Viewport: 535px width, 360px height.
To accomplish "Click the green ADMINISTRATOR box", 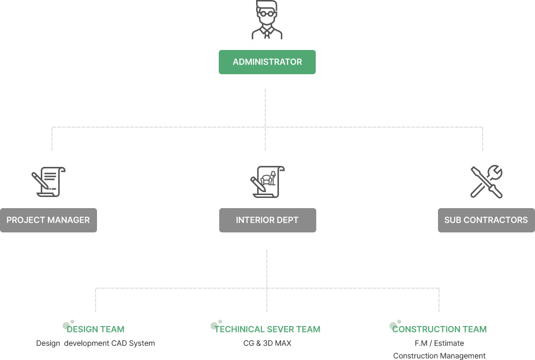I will (x=267, y=62).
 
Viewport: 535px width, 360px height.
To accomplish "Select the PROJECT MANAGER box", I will (x=49, y=220).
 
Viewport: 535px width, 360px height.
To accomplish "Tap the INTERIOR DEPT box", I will (x=267, y=220).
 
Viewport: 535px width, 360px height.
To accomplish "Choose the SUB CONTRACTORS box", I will (x=486, y=220).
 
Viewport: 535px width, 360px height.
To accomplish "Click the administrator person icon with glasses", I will (x=267, y=20).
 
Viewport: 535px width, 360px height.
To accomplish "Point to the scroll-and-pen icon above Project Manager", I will (x=49, y=181).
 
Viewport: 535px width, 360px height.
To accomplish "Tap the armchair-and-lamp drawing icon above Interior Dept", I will (x=267, y=181).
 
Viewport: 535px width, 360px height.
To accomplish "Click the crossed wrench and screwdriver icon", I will (x=486, y=181).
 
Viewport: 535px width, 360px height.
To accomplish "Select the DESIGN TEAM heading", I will (x=96, y=329).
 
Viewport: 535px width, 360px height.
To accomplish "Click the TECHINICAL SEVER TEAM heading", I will (x=267, y=329).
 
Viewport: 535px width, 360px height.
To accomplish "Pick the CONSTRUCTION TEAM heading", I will (x=439, y=329).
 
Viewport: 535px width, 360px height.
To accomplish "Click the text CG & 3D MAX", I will (x=267, y=344).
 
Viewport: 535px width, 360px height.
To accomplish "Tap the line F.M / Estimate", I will (x=439, y=344).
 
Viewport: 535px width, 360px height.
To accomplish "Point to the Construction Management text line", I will (x=439, y=356).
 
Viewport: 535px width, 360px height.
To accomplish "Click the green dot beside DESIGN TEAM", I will (x=66, y=326).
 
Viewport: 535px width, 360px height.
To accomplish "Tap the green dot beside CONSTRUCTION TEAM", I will (x=393, y=326).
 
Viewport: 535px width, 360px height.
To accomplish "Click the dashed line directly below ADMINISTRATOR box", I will (x=265, y=107).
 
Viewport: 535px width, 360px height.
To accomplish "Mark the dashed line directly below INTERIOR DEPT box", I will (x=267, y=267).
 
